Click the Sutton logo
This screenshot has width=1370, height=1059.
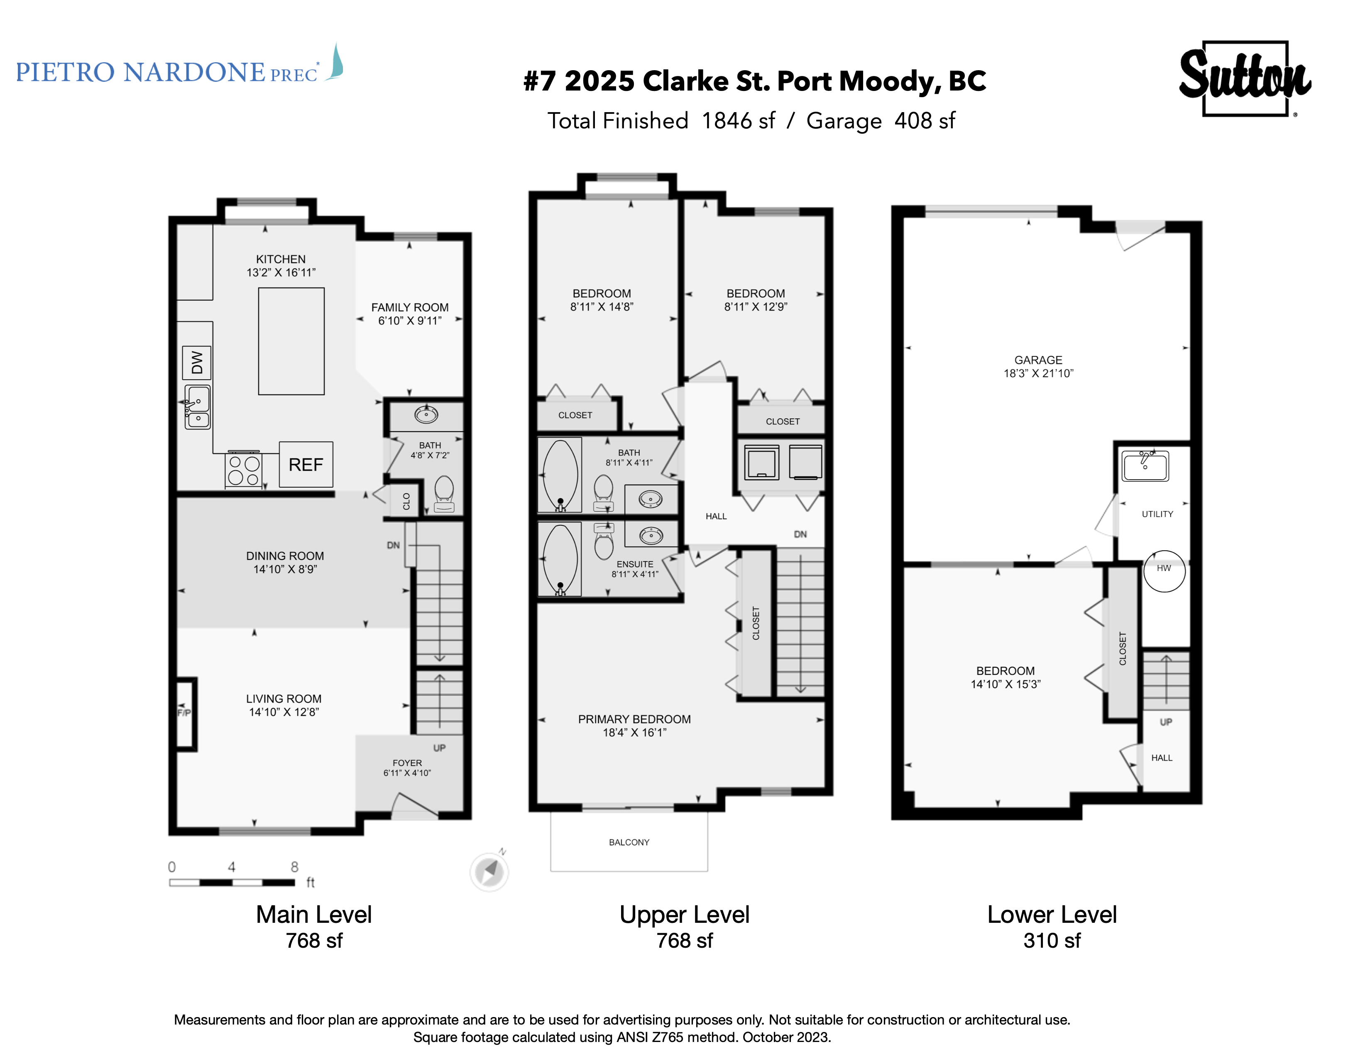click(x=1245, y=78)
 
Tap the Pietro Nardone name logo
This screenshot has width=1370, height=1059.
click(x=179, y=66)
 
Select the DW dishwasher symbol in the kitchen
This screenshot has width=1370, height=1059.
click(x=197, y=362)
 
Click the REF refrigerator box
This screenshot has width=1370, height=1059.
click(x=306, y=464)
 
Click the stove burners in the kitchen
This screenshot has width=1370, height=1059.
click(x=243, y=469)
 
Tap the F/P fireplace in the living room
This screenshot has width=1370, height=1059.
click(x=186, y=713)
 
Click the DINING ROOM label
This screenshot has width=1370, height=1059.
click(x=285, y=556)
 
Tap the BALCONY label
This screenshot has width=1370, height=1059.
click(x=629, y=842)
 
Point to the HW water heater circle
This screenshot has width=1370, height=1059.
click(x=1164, y=571)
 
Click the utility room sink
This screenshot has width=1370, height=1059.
click(x=1145, y=466)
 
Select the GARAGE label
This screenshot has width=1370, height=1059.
click(x=1038, y=360)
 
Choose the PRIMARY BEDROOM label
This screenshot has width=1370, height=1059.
click(x=634, y=719)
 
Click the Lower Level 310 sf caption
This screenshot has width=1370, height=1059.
click(x=1052, y=927)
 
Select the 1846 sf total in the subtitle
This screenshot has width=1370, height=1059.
click(x=738, y=120)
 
